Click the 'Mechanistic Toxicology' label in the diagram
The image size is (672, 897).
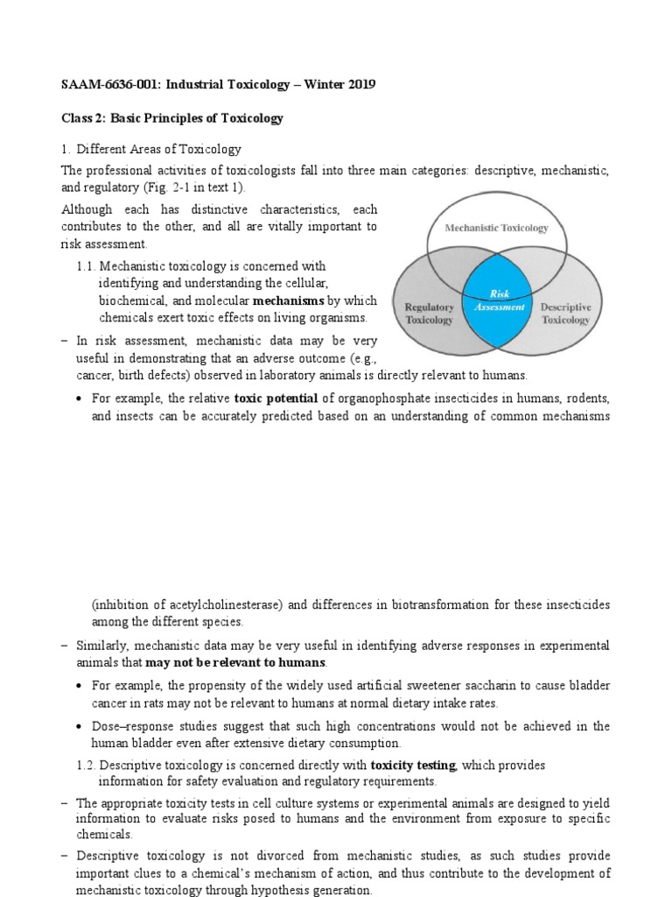point(496,228)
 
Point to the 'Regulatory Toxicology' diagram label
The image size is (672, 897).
point(429,314)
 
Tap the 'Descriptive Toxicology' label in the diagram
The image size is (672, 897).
point(565,314)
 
